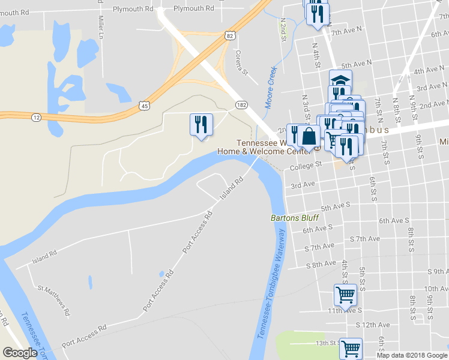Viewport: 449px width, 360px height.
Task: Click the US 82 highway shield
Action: pos(231,36)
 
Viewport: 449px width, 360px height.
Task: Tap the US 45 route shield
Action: pos(144,106)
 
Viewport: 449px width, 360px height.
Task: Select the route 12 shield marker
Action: pos(37,118)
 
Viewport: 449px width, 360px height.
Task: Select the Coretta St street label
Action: pos(241,62)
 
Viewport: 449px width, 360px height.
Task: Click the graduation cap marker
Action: pos(340,80)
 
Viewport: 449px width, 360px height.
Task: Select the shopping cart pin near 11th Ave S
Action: pos(345,295)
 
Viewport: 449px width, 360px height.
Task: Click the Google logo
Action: pos(20,353)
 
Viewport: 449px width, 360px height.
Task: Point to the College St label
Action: pos(306,164)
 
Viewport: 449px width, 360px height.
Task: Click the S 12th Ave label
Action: pos(373,325)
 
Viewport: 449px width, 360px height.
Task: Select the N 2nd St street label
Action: pos(282,29)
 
